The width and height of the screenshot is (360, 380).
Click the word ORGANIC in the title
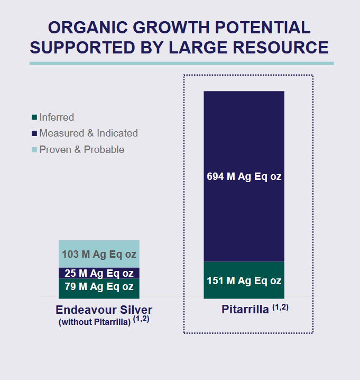[x=88, y=28]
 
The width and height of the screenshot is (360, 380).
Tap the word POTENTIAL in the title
[x=262, y=28]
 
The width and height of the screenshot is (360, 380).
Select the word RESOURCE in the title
[x=281, y=48]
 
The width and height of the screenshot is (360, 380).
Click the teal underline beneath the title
[x=181, y=64]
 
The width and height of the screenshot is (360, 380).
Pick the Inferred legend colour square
[x=34, y=117]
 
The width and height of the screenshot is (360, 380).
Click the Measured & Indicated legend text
[x=89, y=133]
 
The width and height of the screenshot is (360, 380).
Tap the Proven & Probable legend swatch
[x=34, y=150]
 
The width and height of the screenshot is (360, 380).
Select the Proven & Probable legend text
[x=82, y=150]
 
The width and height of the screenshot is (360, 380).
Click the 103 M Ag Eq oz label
[x=99, y=255]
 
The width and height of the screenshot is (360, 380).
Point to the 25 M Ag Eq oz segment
[x=99, y=273]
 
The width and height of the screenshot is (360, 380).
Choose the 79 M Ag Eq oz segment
[x=99, y=288]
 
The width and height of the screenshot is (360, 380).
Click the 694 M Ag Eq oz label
[x=244, y=176]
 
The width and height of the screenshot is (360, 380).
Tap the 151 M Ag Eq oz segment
[x=244, y=280]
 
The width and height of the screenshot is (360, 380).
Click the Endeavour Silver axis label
[x=104, y=310]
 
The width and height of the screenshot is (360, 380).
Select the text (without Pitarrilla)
[x=95, y=322]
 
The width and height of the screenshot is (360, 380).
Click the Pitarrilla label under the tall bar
[x=245, y=310]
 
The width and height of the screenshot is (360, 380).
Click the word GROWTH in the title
[x=171, y=28]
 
